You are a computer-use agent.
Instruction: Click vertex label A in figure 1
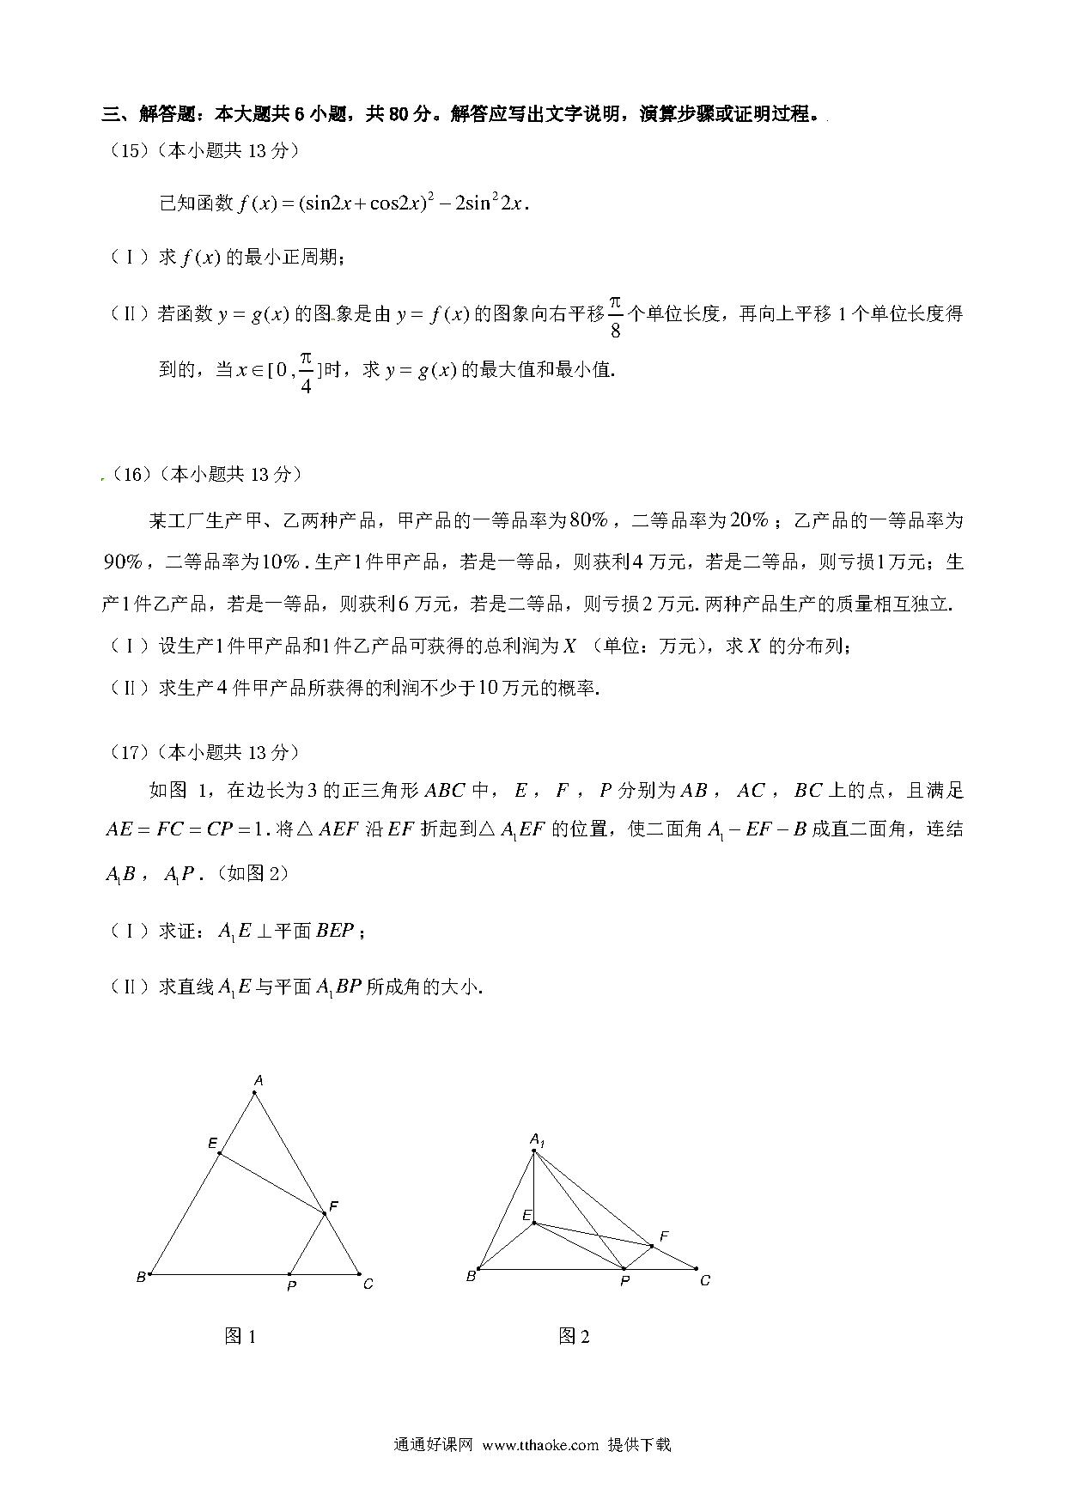point(258,1080)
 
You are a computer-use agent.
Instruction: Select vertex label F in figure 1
point(333,1206)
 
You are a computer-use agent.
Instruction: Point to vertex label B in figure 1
point(141,1278)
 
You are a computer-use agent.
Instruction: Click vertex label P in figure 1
point(292,1287)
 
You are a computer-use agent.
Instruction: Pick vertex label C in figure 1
point(368,1284)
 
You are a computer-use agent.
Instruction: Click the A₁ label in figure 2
point(537,1139)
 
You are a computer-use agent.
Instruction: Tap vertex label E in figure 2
point(527,1215)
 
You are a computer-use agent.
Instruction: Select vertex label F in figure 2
point(664,1236)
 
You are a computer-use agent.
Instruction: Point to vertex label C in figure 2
point(705,1280)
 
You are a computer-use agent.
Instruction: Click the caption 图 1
point(240,1336)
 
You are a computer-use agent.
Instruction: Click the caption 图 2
point(574,1336)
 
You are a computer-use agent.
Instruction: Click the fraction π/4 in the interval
point(306,371)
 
